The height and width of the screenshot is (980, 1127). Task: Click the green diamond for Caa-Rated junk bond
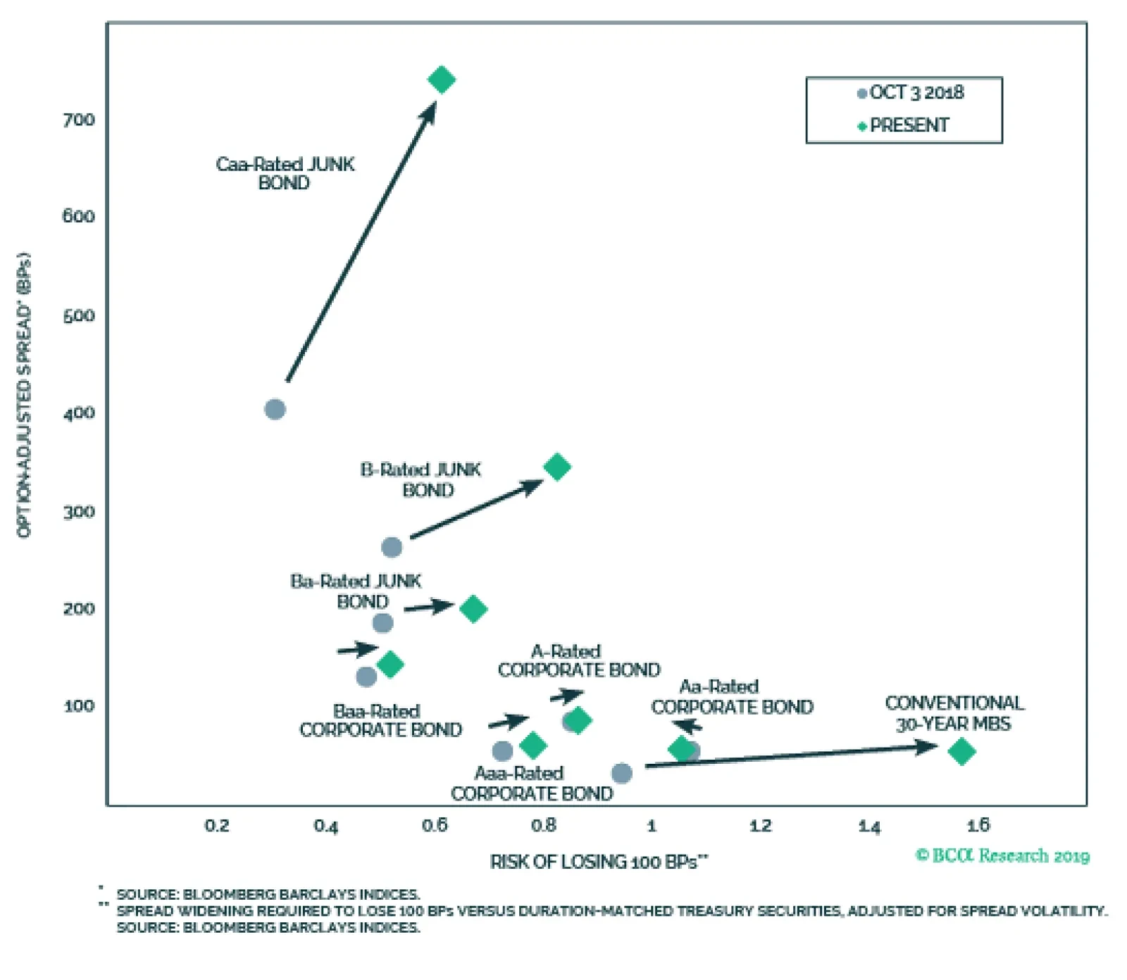pyautogui.click(x=442, y=80)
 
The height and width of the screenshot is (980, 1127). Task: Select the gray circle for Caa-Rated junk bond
pyautogui.click(x=275, y=409)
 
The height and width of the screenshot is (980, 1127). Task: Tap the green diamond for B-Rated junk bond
pyautogui.click(x=557, y=467)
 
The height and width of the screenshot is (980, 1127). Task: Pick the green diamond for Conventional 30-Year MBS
pyautogui.click(x=961, y=751)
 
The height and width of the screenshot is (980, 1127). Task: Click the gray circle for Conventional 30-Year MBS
pyautogui.click(x=621, y=773)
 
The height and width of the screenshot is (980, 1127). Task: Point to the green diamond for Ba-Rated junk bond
pyautogui.click(x=473, y=608)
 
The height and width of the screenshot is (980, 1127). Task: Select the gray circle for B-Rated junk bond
pyautogui.click(x=392, y=547)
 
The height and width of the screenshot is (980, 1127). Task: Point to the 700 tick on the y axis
pyautogui.click(x=79, y=120)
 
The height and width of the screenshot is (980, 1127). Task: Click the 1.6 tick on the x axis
pyautogui.click(x=978, y=825)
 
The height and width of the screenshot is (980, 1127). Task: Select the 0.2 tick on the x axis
pyautogui.click(x=217, y=825)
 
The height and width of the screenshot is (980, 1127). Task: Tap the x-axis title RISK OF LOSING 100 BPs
pyautogui.click(x=599, y=862)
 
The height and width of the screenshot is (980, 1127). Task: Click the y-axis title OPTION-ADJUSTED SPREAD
pyautogui.click(x=25, y=394)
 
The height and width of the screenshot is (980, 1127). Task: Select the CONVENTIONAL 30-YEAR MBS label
pyautogui.click(x=954, y=713)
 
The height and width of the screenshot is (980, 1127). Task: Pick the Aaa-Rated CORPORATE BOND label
pyautogui.click(x=532, y=784)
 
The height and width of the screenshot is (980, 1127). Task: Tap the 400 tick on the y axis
pyautogui.click(x=79, y=413)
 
